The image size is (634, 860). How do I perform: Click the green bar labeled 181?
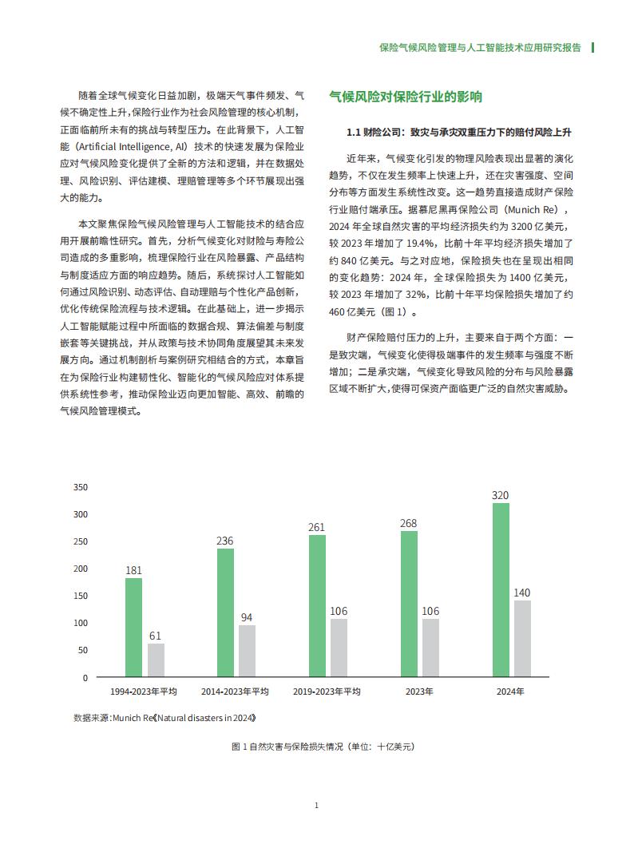(x=133, y=628)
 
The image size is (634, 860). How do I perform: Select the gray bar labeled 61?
(x=157, y=660)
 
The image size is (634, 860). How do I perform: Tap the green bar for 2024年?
(x=501, y=590)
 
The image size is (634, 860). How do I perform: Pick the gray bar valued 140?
(x=522, y=639)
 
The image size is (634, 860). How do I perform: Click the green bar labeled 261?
(x=317, y=606)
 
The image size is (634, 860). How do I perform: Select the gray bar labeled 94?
(x=248, y=651)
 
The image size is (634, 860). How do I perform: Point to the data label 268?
(x=408, y=524)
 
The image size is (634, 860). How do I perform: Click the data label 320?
(x=501, y=496)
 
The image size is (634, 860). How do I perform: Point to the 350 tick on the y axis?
(x=81, y=487)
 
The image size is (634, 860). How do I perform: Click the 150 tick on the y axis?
(x=81, y=596)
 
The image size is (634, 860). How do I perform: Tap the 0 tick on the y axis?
(x=85, y=678)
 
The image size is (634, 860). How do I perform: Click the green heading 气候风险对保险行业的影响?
(x=406, y=97)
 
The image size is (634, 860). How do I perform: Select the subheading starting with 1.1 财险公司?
(x=458, y=131)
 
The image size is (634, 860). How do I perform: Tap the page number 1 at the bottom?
(x=317, y=805)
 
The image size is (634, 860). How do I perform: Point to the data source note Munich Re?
(x=164, y=718)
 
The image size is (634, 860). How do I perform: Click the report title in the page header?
(x=479, y=48)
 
